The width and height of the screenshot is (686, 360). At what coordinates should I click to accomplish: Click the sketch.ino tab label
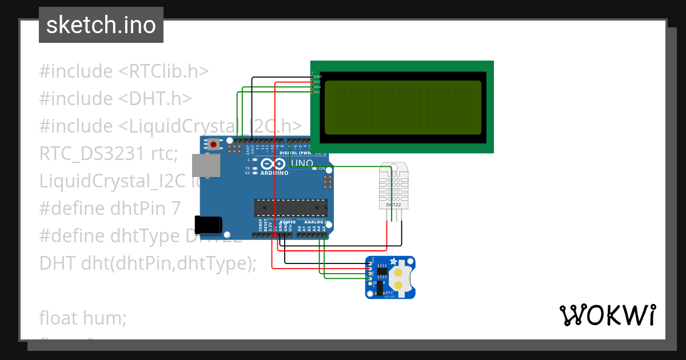point(101,25)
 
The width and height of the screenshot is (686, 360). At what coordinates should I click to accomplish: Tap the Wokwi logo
point(607,315)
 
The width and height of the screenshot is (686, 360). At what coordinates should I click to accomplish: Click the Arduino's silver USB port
point(206,165)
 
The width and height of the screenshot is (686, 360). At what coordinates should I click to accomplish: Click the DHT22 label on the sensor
point(393,205)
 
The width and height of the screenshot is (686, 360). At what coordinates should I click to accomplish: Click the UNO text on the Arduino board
point(302,163)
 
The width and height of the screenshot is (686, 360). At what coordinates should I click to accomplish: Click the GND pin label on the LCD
point(317,77)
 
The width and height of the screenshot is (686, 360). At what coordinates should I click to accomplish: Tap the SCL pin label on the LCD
point(317,92)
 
